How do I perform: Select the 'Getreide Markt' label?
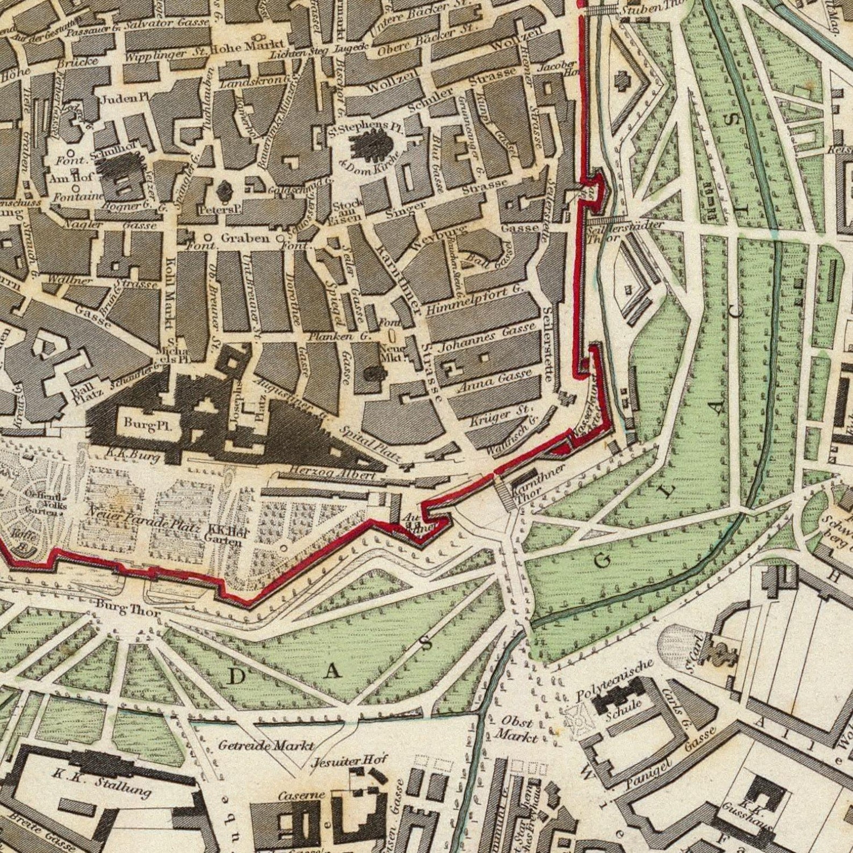[265, 745]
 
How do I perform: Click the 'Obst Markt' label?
[516, 729]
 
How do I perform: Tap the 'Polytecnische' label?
[615, 681]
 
